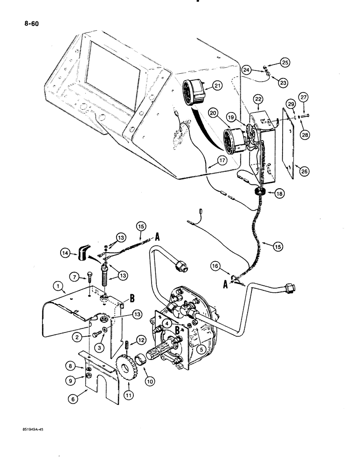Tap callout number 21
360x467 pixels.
[217, 85]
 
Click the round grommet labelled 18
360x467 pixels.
[260, 192]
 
